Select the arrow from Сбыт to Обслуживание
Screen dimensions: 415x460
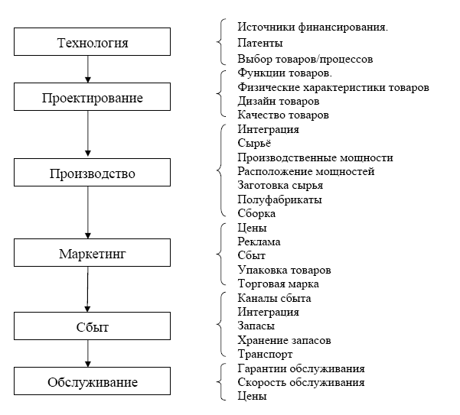click(x=88, y=354)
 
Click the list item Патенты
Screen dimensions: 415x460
click(x=260, y=44)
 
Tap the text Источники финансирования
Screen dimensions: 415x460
click(x=312, y=28)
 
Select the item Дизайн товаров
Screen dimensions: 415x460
click(x=279, y=101)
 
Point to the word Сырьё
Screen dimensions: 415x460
click(x=254, y=144)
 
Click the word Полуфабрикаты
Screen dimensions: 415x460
click(x=279, y=199)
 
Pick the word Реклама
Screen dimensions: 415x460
click(x=259, y=242)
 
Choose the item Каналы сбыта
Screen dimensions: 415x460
click(x=275, y=298)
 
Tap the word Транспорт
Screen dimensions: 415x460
click(x=266, y=354)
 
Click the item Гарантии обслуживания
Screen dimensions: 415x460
click(x=301, y=368)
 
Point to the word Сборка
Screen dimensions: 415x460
click(x=256, y=213)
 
